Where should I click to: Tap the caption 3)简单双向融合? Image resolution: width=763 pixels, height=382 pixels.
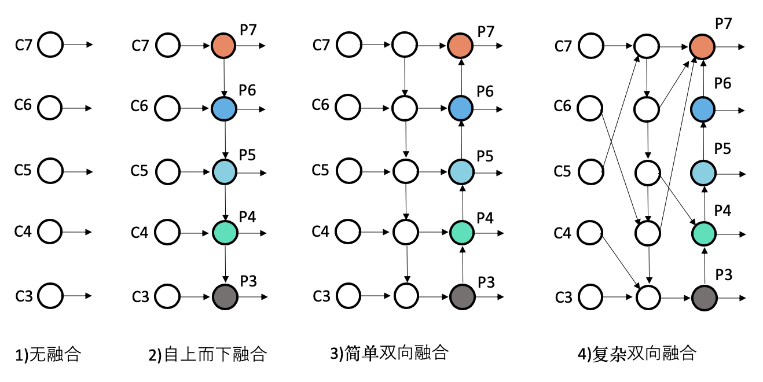pyautogui.click(x=388, y=352)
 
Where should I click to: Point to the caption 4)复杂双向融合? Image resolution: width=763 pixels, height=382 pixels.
pyautogui.click(x=636, y=353)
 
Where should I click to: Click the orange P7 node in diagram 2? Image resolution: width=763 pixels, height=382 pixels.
pyautogui.click(x=224, y=45)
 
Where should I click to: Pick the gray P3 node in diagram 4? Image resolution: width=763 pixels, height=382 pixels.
pyautogui.click(x=704, y=298)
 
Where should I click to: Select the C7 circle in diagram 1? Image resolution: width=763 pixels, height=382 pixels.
pyautogui.click(x=50, y=45)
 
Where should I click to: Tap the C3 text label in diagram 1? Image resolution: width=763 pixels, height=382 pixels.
pyautogui.click(x=24, y=296)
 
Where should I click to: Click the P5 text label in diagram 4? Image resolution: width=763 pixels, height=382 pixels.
pyautogui.click(x=722, y=149)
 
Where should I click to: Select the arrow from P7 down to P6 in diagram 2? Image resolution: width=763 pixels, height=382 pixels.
pyautogui.click(x=224, y=76)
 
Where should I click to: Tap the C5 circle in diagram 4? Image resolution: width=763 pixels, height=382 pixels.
pyautogui.click(x=590, y=172)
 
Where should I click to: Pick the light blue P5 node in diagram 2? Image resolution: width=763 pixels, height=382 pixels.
pyautogui.click(x=225, y=172)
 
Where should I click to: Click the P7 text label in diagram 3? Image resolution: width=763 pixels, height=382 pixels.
pyautogui.click(x=485, y=31)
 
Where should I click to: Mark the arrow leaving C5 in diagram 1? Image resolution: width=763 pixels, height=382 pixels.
pyautogui.click(x=78, y=172)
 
